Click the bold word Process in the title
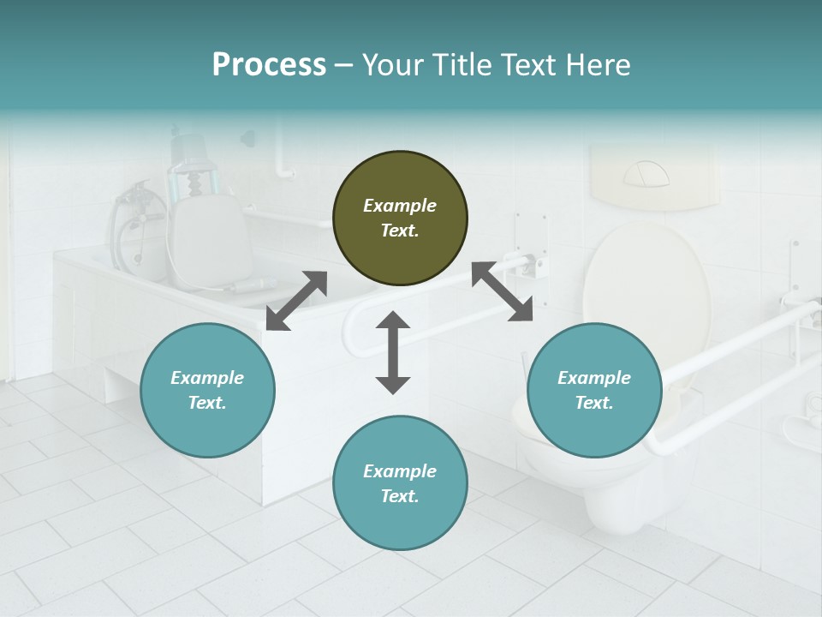[x=269, y=64]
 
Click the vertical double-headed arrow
[x=393, y=352]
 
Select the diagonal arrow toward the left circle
[x=296, y=301]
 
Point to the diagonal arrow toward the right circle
[x=503, y=292]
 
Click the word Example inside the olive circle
[x=400, y=206]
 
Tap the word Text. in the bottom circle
[x=400, y=496]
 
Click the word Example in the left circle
[x=207, y=378]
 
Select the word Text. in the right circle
[x=594, y=403]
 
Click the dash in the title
[x=343, y=65]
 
